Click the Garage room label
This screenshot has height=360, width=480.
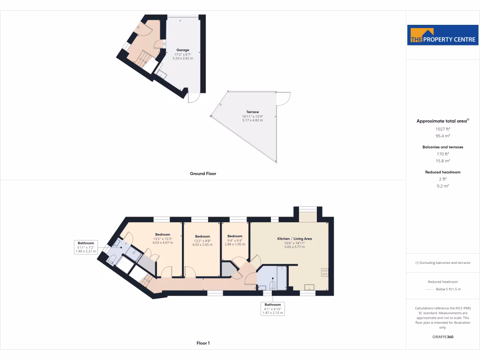click(182, 50)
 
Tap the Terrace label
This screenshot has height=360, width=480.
click(253, 112)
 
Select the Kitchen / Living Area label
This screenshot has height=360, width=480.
click(294, 239)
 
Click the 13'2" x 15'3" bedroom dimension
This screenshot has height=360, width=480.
click(163, 239)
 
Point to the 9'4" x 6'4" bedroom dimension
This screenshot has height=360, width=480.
click(234, 240)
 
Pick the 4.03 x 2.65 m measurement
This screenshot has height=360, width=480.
click(202, 244)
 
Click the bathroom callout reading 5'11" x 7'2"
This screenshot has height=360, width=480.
click(86, 247)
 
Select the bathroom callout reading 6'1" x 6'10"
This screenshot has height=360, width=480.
click(272, 308)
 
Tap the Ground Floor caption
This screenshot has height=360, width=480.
click(203, 173)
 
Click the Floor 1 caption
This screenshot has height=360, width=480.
click(203, 343)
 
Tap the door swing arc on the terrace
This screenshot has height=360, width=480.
click(283, 98)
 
